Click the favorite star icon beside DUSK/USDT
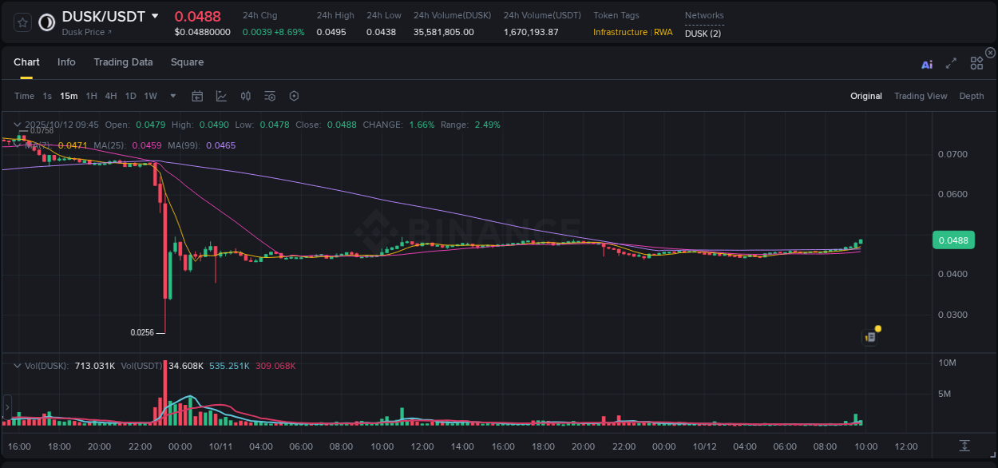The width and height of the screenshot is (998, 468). click(x=23, y=22)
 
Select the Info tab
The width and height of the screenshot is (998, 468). click(x=66, y=62)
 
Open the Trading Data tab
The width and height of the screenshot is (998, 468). click(x=123, y=62)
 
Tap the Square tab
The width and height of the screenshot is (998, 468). click(x=187, y=62)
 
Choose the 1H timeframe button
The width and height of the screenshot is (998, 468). click(x=91, y=96)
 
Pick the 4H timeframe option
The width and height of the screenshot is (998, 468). click(x=110, y=96)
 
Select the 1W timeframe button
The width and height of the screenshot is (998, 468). click(x=150, y=96)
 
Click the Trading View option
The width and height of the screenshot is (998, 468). click(x=921, y=96)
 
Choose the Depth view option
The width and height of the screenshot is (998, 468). click(x=972, y=96)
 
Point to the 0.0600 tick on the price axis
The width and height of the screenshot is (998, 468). click(x=952, y=195)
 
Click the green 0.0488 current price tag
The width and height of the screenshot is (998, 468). click(x=953, y=240)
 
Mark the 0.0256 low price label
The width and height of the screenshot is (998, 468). click(x=142, y=332)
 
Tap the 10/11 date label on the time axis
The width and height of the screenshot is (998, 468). click(x=220, y=446)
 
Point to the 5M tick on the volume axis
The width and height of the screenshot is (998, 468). click(x=945, y=394)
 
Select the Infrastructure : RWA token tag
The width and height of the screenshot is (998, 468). click(x=632, y=32)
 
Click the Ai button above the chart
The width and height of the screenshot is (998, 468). click(x=927, y=65)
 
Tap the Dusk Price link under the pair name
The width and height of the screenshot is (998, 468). click(x=86, y=32)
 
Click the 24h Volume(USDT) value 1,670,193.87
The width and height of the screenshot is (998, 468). click(x=531, y=32)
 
